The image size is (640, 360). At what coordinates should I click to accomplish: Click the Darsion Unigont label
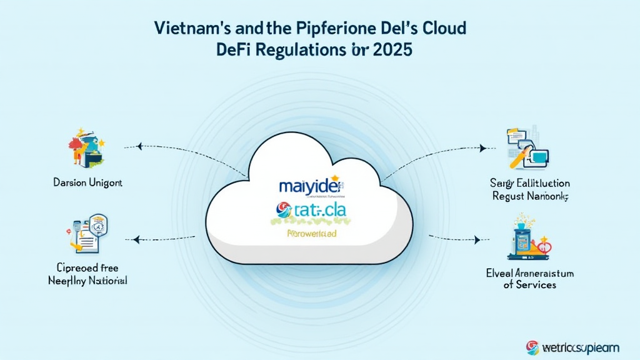(87, 184)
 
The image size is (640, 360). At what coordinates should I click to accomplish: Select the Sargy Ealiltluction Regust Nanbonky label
(530, 189)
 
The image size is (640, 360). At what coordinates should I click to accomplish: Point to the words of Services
(530, 285)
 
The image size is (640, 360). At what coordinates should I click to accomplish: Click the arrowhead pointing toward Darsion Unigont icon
(139, 147)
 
